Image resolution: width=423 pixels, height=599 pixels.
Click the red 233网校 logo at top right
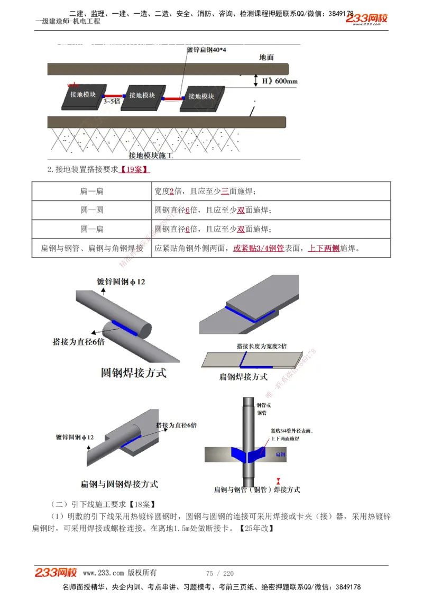point(366,19)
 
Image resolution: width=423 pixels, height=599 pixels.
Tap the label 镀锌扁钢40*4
point(207,49)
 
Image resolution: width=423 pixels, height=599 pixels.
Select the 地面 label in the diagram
point(266,57)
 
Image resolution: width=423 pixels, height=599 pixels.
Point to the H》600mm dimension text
point(280,81)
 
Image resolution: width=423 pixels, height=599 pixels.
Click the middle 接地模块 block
point(142,95)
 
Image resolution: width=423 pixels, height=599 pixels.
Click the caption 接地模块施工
point(151,156)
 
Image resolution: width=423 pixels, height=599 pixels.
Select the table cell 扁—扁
point(91,191)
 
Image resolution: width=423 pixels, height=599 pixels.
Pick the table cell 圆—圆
point(91,210)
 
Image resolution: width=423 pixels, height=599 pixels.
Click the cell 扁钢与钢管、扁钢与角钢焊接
point(92,248)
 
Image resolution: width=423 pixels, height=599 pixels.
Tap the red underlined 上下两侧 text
point(324,248)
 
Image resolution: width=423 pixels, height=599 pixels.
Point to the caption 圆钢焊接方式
point(133,373)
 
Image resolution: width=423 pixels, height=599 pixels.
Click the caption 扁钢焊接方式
point(243,377)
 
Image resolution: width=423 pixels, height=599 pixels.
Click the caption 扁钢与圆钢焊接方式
point(119,484)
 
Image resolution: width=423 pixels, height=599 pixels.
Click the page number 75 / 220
point(219,573)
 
